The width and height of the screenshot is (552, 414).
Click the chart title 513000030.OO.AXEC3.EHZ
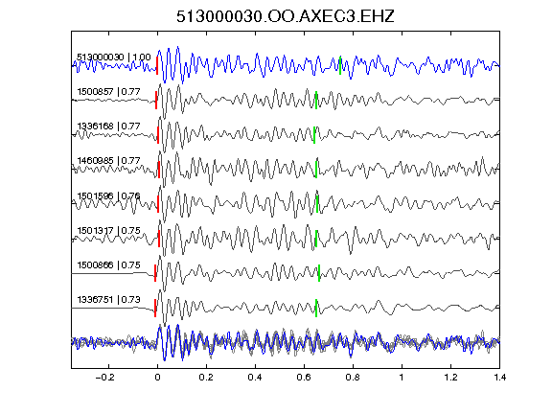286,16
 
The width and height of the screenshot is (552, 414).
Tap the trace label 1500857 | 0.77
109,92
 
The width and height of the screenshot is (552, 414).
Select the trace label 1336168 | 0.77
109,126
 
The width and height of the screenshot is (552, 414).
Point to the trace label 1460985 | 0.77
109,161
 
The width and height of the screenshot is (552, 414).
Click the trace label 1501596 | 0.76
109,195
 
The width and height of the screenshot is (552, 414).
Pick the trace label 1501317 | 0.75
109,231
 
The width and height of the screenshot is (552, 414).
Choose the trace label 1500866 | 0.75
109,265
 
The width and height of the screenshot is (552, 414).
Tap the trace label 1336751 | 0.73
109,300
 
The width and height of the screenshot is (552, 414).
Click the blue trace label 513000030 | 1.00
114,57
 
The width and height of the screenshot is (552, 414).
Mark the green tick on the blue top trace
340,65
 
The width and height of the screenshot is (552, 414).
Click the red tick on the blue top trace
157,65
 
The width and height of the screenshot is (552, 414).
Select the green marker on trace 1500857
316,101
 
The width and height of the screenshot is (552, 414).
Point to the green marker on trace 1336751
316,308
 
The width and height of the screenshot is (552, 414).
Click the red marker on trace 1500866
155,273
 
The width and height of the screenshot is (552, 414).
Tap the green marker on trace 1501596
317,204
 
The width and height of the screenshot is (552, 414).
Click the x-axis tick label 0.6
304,378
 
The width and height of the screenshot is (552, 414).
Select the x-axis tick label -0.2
105,378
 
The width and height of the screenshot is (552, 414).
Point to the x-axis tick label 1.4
499,378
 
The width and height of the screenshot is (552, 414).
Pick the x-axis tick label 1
402,378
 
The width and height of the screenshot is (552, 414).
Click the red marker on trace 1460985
159,170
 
